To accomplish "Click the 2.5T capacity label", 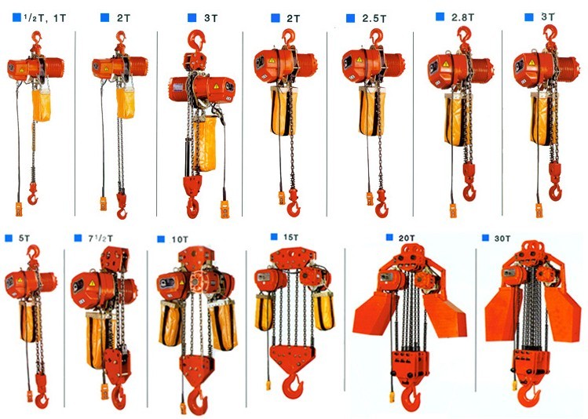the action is pyautogui.click(x=374, y=18).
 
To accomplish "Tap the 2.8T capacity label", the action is pyautogui.click(x=462, y=17).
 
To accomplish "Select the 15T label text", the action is pyautogui.click(x=290, y=237).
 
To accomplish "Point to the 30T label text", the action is pyautogui.click(x=502, y=239).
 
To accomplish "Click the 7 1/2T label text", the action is pyautogui.click(x=100, y=239).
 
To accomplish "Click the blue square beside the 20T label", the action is pyautogui.click(x=389, y=237).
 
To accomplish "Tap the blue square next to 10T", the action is pyautogui.click(x=161, y=239).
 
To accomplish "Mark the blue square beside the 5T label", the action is pyautogui.click(x=9, y=238).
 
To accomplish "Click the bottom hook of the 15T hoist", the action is pyautogui.click(x=294, y=386).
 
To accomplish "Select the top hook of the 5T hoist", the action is pyautogui.click(x=34, y=252).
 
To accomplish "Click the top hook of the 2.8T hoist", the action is pyautogui.click(x=463, y=35).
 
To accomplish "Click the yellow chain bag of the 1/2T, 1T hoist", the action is pyautogui.click(x=42, y=105).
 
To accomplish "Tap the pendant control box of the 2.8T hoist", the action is pyautogui.click(x=453, y=209).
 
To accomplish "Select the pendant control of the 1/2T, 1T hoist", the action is pyautogui.click(x=19, y=209).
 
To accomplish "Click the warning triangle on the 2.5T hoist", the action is pyautogui.click(x=360, y=60).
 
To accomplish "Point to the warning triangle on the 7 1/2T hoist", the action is pyautogui.click(x=92, y=284).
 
